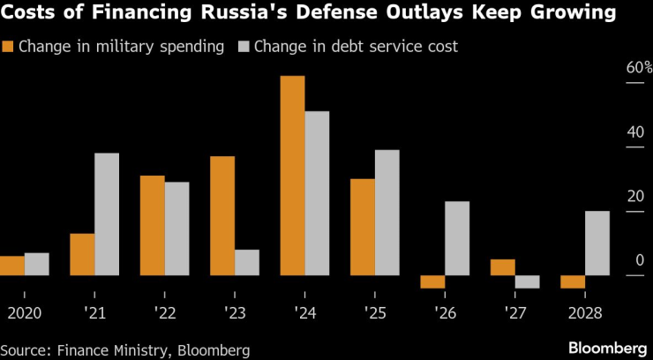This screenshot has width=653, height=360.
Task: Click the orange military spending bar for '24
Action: pos(292,176)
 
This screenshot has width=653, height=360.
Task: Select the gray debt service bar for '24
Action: pos(317,193)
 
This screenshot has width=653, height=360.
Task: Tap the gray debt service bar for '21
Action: pos(107,214)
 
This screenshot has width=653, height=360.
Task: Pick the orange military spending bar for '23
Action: pos(222,216)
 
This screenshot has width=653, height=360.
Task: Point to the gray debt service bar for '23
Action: pos(247,263)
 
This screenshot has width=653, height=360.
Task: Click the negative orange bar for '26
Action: pos(432,282)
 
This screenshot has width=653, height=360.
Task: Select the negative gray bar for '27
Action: pos(527,282)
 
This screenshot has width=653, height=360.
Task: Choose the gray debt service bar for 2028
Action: pos(597,244)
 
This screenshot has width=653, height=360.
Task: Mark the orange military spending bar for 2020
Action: pos(12,266)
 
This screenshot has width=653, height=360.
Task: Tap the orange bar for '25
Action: pos(363,228)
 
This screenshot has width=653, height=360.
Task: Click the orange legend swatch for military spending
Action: pos(10,46)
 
